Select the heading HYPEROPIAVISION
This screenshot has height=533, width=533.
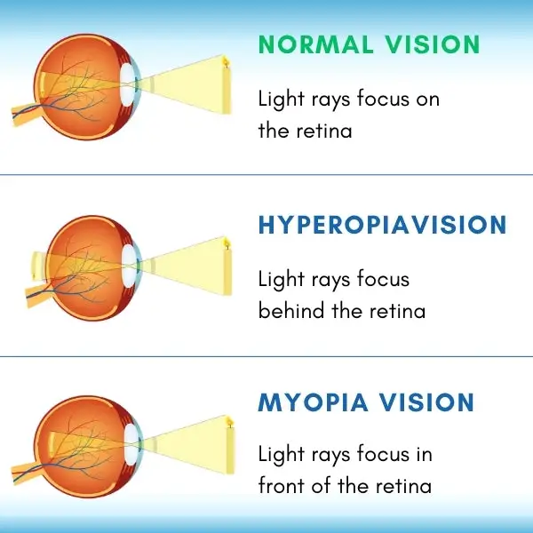pos(382,225)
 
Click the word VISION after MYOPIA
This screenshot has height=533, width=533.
pos(424,402)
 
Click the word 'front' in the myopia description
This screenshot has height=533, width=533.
pos(282,487)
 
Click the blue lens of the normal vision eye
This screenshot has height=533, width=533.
pos(131,84)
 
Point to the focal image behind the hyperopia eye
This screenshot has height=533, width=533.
pos(36,265)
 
